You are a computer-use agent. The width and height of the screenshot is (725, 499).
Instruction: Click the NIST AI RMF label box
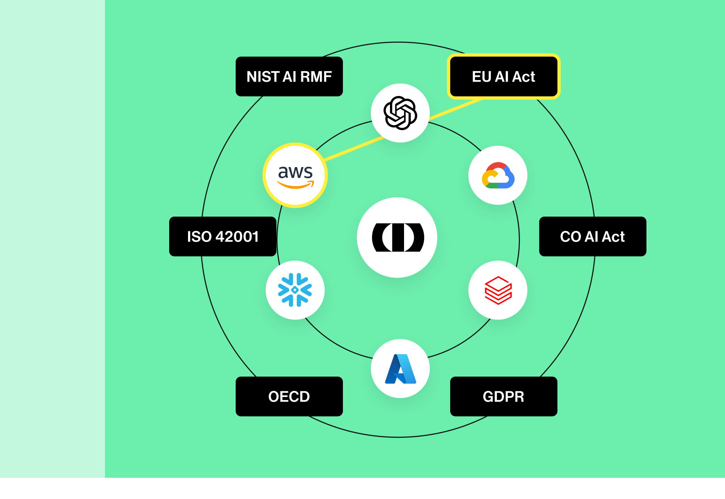click(289, 77)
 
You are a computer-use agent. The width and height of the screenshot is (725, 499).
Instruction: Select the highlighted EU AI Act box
click(503, 77)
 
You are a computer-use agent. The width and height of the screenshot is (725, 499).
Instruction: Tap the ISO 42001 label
click(222, 237)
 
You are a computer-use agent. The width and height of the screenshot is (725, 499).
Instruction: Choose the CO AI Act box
click(592, 237)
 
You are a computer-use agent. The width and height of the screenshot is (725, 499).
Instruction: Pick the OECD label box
click(289, 397)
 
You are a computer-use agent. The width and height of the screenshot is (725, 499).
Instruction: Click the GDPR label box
click(503, 397)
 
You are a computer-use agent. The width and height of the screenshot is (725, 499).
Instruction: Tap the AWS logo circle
click(295, 175)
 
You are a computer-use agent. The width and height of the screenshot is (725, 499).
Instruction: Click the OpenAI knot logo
click(400, 113)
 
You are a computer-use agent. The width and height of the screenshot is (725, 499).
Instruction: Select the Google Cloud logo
click(498, 175)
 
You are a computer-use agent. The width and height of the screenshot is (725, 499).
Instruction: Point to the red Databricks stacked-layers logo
click(498, 290)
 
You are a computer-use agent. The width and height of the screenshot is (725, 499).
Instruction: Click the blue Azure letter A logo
click(400, 369)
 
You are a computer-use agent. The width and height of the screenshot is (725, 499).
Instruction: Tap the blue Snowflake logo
click(295, 290)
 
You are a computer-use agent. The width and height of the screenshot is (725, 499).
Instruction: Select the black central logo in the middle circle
click(397, 237)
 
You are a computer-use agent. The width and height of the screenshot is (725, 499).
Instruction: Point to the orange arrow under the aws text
click(295, 185)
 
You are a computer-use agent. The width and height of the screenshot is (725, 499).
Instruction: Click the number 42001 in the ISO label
click(237, 237)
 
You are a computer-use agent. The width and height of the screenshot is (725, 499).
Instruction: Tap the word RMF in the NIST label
click(316, 77)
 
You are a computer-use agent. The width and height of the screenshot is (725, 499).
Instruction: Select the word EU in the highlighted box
click(481, 77)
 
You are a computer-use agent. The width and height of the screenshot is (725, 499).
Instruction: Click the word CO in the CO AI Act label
click(570, 237)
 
